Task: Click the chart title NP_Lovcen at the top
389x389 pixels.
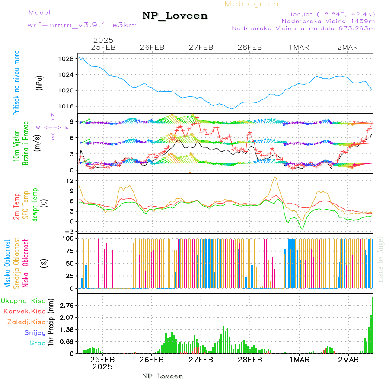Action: click(x=175, y=16)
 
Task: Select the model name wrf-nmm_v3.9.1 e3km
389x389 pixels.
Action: click(x=82, y=25)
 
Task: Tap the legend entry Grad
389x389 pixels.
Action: click(x=38, y=344)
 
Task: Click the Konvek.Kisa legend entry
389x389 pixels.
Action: click(x=24, y=311)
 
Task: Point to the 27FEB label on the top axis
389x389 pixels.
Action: click(x=201, y=47)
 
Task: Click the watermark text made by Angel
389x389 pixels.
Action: click(x=381, y=259)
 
